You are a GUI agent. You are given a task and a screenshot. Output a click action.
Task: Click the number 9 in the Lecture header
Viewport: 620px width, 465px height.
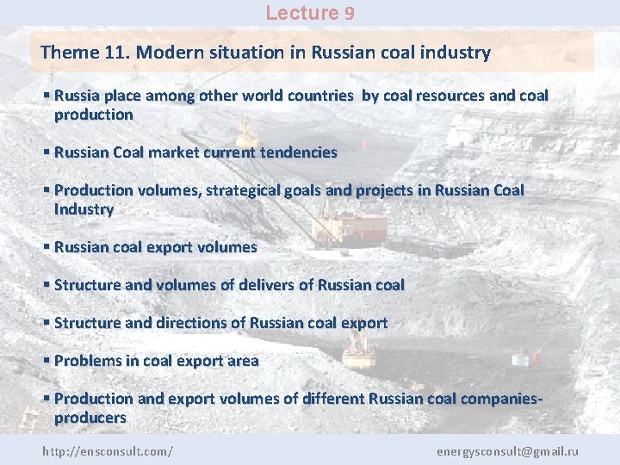(x=349, y=13)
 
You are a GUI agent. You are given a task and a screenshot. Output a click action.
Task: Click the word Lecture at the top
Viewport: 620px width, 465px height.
(x=302, y=13)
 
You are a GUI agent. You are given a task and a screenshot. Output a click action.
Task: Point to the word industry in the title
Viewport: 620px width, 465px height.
(x=456, y=53)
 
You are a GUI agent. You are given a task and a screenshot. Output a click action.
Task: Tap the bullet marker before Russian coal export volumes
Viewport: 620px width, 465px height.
(x=46, y=247)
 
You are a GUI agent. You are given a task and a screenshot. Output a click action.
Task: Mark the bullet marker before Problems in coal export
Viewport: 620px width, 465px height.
(x=46, y=361)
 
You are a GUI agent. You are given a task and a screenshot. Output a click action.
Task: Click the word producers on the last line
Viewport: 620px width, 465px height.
(x=90, y=418)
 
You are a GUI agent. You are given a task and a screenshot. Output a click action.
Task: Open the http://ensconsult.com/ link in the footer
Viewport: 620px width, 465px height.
(x=108, y=450)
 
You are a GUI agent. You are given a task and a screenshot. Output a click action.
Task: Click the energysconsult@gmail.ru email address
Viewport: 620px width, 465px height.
(x=507, y=450)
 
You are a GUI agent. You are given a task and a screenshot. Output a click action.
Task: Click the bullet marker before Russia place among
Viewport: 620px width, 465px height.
(x=46, y=96)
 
